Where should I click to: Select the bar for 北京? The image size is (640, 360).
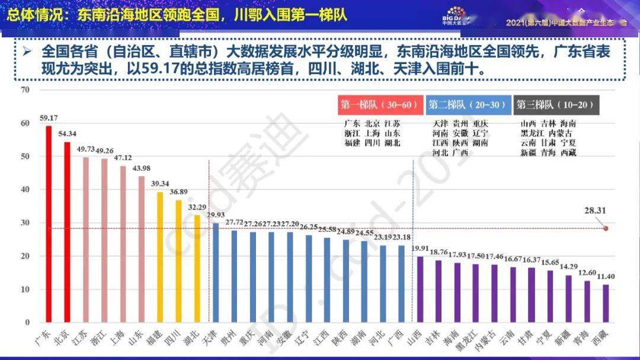click(x=67, y=232)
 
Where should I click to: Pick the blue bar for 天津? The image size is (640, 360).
click(x=216, y=273)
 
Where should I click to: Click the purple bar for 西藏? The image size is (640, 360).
click(x=606, y=304)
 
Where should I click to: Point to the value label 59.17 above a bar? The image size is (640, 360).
click(x=49, y=118)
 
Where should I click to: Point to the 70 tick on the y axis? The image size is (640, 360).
click(x=24, y=90)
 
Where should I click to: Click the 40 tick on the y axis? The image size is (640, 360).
click(x=24, y=190)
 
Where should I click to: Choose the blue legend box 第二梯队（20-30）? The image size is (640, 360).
click(x=468, y=105)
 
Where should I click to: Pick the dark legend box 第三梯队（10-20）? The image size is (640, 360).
click(x=556, y=105)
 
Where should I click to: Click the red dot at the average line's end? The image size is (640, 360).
click(x=606, y=228)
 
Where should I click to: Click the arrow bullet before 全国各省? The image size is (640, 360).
click(x=27, y=52)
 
